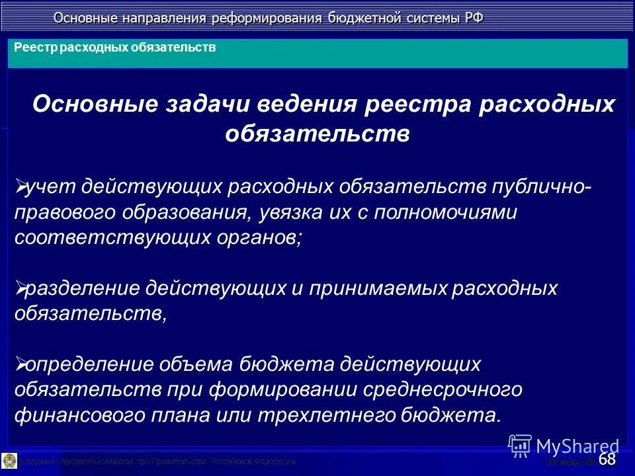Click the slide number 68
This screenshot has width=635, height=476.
coord(607,458)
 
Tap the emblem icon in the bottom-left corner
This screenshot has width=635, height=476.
coord(9,460)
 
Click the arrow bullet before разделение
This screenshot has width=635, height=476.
coord(19,288)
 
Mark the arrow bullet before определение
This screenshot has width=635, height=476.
coord(19,364)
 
